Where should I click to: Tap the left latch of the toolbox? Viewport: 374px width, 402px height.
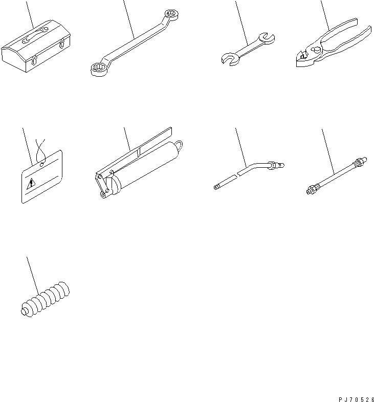(34, 60)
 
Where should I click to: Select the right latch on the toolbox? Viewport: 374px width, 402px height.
(62, 43)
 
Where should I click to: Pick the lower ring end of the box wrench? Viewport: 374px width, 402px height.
(99, 70)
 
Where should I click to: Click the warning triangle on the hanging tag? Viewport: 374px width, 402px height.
(31, 184)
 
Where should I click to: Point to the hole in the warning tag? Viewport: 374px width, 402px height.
(42, 165)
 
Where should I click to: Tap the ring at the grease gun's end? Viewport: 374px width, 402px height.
(179, 145)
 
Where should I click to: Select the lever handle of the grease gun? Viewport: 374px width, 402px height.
(134, 151)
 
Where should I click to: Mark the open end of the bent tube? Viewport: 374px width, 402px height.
(216, 187)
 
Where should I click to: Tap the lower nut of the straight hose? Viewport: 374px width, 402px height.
(311, 190)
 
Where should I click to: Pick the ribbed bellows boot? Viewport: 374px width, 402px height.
(45, 299)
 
